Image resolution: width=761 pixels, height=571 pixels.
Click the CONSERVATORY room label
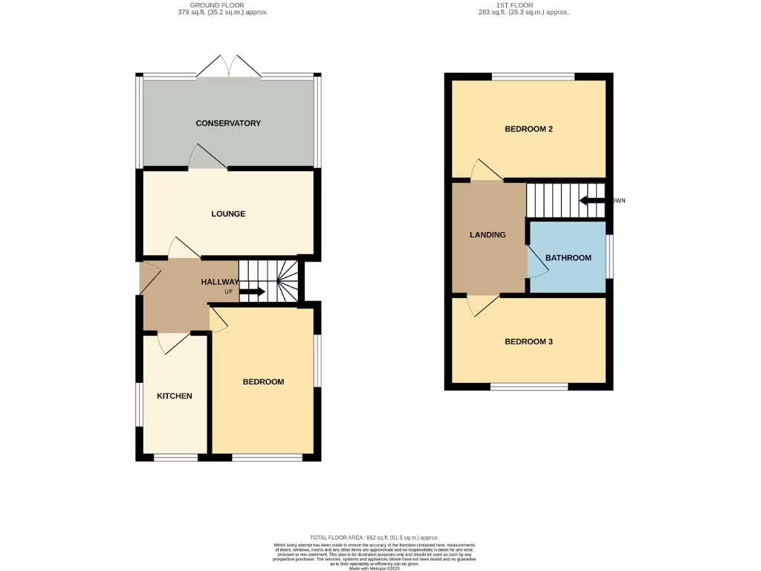[x=228, y=123]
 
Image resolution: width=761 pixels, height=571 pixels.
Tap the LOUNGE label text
[x=228, y=214]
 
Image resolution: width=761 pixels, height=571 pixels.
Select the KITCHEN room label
[x=174, y=396]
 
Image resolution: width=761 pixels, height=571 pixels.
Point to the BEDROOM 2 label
[x=528, y=129]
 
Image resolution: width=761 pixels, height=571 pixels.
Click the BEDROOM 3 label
[x=528, y=342]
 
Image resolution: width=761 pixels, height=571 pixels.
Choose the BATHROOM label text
[x=569, y=258]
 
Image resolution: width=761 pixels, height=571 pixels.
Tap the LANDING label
[x=488, y=235]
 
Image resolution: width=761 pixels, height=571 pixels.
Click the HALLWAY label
[x=220, y=282]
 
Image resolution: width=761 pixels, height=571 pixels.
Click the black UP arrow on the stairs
[x=252, y=291]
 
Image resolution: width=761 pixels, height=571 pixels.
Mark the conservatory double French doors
[x=229, y=67]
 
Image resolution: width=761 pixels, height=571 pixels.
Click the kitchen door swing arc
[x=173, y=342]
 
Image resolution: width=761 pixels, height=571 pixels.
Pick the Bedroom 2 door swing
[x=486, y=170]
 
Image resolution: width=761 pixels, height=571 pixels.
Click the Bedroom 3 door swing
[x=482, y=305]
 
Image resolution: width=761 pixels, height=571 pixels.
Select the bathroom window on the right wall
[x=609, y=257]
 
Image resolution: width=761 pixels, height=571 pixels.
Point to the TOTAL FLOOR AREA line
[x=374, y=537]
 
